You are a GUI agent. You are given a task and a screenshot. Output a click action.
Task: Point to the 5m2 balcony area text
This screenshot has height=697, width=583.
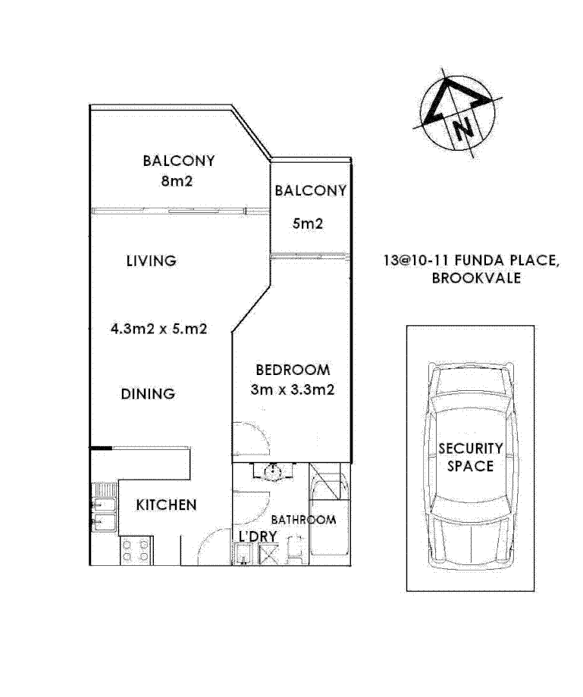coord(309,224)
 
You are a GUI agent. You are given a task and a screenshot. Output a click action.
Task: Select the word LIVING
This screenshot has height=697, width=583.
coord(151,261)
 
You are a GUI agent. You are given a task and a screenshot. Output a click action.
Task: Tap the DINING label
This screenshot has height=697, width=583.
coord(148,394)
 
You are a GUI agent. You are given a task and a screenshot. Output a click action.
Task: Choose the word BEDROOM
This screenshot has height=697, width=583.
coord(293,370)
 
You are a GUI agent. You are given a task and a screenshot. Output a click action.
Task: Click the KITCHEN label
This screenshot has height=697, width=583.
coord(167,505)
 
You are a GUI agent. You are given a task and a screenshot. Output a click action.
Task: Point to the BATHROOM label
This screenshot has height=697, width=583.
coord(303,520)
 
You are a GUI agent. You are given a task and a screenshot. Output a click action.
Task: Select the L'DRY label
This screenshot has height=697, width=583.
coord(255,537)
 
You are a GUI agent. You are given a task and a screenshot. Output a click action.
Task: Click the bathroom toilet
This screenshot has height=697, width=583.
coord(296,552)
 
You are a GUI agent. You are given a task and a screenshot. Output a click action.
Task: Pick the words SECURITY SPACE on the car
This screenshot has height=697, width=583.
coord(470,457)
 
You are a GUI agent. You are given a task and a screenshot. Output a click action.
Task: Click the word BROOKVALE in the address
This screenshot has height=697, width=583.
coord(476,278)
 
